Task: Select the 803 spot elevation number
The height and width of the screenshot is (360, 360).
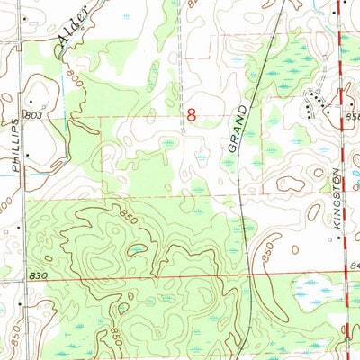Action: pyautogui.click(x=35, y=116)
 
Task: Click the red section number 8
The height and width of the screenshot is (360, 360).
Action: pyautogui.click(x=191, y=115)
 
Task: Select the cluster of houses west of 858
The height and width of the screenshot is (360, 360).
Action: pyautogui.click(x=315, y=101)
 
